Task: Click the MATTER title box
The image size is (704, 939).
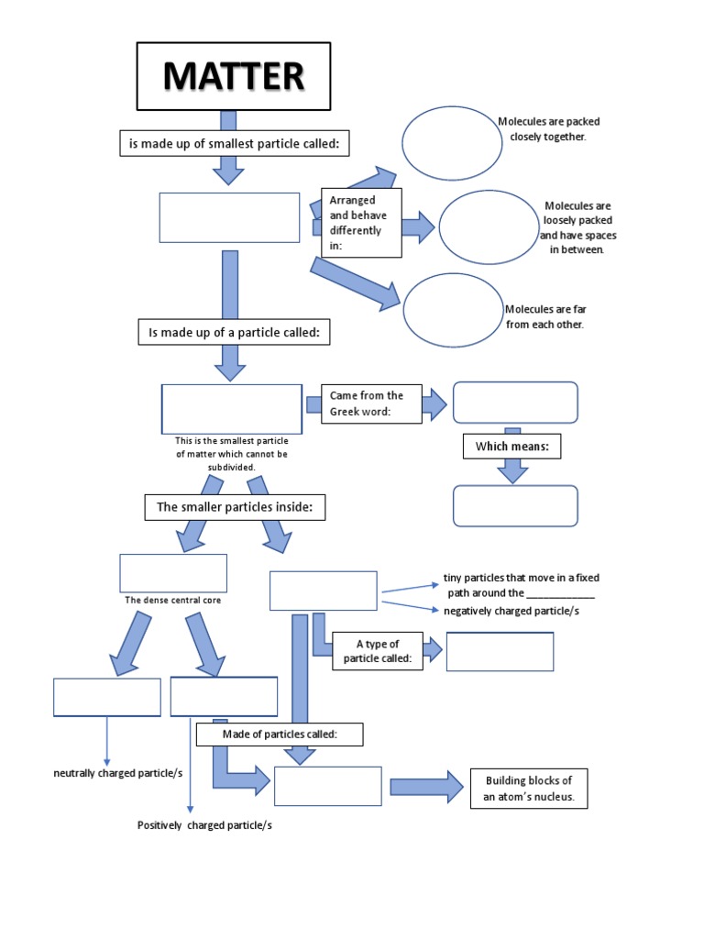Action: pos(233,76)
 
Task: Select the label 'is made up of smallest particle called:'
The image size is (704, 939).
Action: pos(236,143)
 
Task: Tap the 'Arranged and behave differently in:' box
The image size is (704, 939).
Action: pos(361,223)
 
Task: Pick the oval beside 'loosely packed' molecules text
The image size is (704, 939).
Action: pos(489,227)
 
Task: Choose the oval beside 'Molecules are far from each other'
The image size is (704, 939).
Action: pos(453,310)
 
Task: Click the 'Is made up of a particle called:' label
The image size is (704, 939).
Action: pos(234,333)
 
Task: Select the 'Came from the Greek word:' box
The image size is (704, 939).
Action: pos(371,403)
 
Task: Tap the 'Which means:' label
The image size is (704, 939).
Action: pos(511,447)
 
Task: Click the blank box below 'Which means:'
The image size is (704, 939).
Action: pos(515,506)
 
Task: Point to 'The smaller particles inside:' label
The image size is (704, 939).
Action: pos(235,507)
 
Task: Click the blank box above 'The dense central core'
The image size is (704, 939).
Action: pos(173,573)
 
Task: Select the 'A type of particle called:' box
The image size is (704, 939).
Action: pos(377,651)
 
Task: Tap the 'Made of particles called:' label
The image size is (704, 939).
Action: pos(280,735)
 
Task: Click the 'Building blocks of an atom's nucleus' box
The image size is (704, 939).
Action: pos(528,788)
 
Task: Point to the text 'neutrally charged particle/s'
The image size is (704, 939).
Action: pos(117,773)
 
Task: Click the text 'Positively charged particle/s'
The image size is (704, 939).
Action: pos(204,825)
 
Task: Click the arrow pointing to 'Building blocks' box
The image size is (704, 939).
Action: pos(426,787)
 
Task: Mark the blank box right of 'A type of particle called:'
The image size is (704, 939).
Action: pos(500,651)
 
